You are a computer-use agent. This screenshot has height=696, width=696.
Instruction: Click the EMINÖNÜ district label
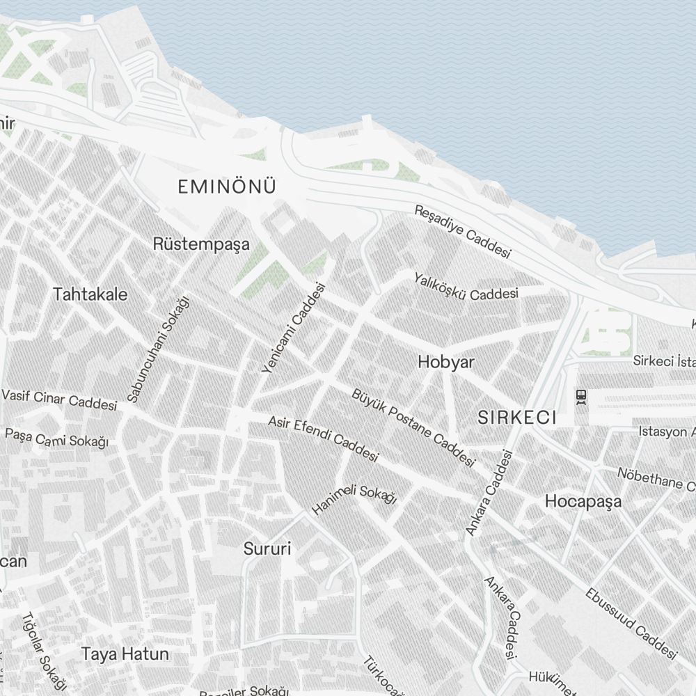pyautogui.click(x=227, y=187)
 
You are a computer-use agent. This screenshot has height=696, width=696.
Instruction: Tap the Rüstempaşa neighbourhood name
pyautogui.click(x=200, y=244)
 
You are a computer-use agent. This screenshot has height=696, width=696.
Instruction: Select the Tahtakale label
pyautogui.click(x=90, y=294)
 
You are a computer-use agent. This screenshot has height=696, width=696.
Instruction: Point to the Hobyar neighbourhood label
pyautogui.click(x=446, y=362)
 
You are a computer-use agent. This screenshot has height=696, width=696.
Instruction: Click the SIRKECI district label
pyautogui.click(x=517, y=417)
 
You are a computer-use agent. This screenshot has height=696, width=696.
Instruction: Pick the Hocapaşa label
pyautogui.click(x=583, y=501)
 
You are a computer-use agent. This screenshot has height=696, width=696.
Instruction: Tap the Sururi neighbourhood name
pyautogui.click(x=267, y=548)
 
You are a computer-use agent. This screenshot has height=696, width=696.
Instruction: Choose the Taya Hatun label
pyautogui.click(x=125, y=654)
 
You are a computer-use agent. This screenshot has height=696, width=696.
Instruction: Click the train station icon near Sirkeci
pyautogui.click(x=581, y=396)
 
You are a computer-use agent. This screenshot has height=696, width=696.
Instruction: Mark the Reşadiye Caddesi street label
pyautogui.click(x=463, y=231)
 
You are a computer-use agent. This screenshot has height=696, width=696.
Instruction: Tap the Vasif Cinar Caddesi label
pyautogui.click(x=59, y=400)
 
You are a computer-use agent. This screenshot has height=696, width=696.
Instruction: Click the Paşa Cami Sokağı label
pyautogui.click(x=57, y=438)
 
